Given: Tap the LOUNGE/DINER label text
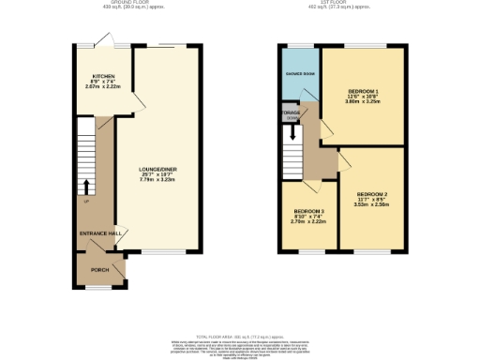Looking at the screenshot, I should point(158,169).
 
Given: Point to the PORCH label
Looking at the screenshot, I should point(98,270).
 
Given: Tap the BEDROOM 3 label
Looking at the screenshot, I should point(308,212).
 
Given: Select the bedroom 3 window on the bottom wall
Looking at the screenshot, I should point(308,251).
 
